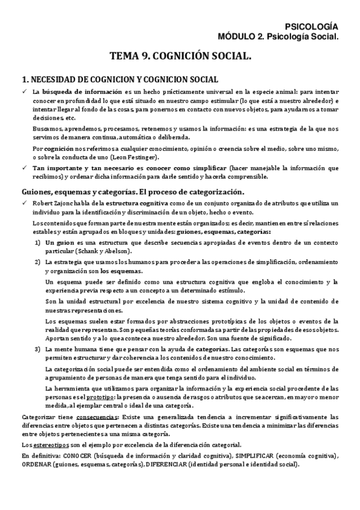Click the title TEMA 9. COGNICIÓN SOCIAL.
[x=180, y=57]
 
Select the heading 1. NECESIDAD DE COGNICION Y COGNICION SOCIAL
[x=120, y=79]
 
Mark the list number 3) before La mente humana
[x=37, y=348]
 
